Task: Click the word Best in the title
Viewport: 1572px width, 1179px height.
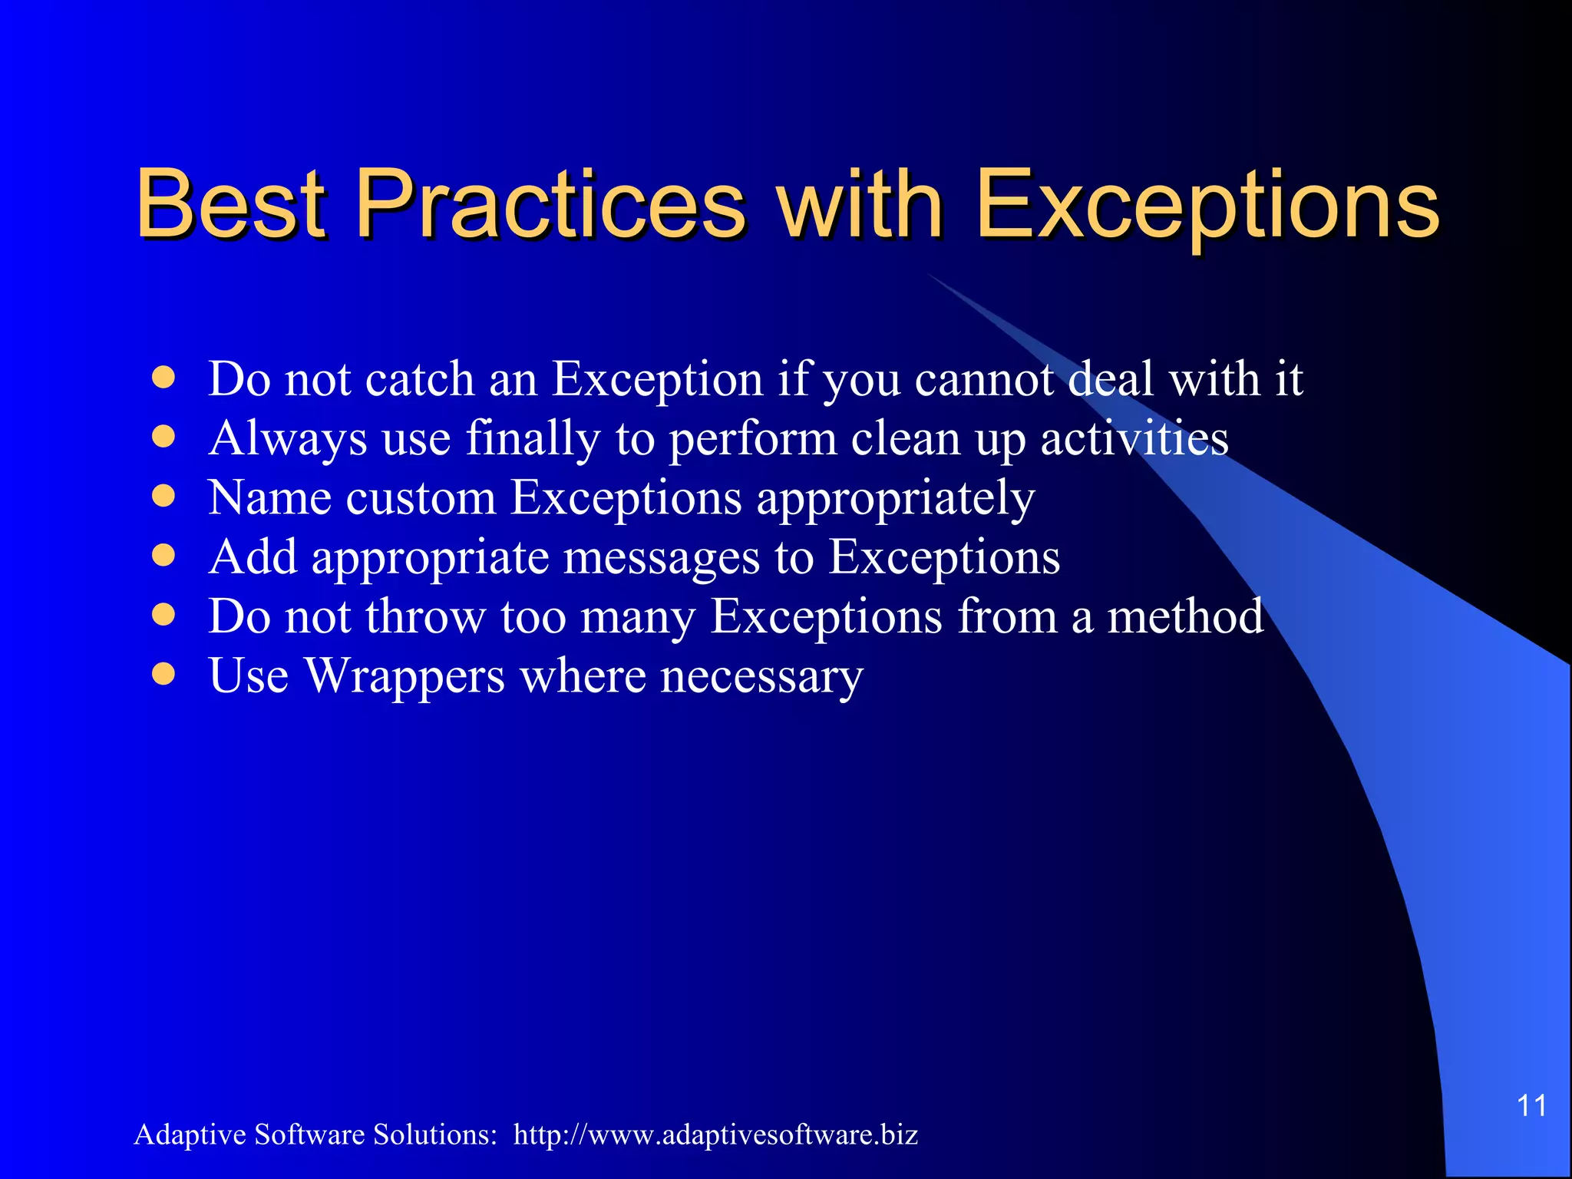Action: tap(231, 204)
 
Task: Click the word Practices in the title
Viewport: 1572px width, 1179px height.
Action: tap(550, 204)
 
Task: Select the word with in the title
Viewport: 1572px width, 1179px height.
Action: tap(860, 204)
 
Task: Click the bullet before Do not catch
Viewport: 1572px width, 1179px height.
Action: tap(163, 378)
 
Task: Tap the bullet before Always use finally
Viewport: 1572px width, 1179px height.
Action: tap(163, 437)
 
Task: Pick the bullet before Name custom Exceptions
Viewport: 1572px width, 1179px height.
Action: tap(163, 496)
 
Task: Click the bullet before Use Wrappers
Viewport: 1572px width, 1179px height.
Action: tap(163, 674)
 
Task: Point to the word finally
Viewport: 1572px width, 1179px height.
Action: tap(533, 440)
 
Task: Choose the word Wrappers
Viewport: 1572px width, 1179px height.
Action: tap(405, 676)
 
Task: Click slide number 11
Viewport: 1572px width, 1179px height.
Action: tap(1531, 1106)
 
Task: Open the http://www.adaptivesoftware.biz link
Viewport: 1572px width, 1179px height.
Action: tap(715, 1135)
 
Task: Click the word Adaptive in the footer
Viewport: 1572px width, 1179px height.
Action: tap(190, 1135)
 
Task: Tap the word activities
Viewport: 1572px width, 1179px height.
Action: tap(1134, 438)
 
